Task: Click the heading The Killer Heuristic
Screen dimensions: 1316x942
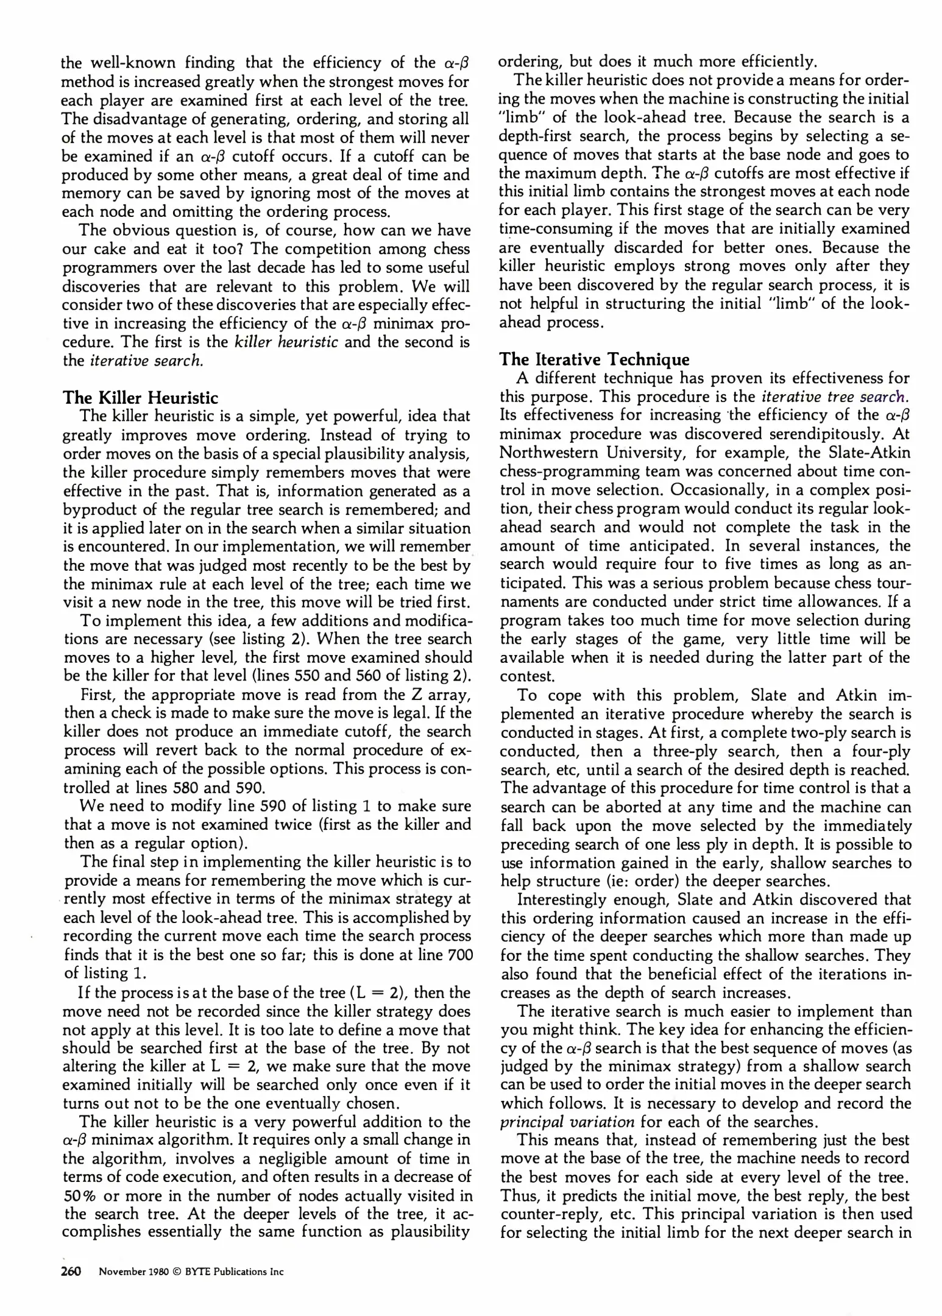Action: click(x=140, y=398)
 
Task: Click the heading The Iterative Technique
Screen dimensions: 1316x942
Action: click(x=594, y=359)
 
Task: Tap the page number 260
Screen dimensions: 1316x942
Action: click(x=71, y=1272)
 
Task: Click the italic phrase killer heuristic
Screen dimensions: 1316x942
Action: click(x=286, y=342)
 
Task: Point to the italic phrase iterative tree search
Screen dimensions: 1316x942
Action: click(x=834, y=397)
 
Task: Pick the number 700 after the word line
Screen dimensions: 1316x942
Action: click(x=460, y=955)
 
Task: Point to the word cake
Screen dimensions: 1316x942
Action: click(x=108, y=249)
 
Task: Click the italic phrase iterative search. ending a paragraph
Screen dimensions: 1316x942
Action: click(x=146, y=361)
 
